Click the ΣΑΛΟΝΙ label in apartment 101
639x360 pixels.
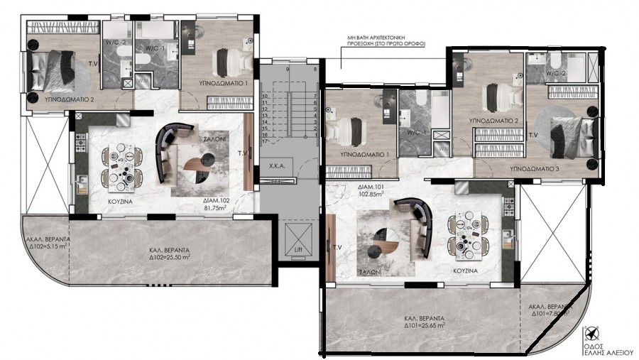click(371, 272)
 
